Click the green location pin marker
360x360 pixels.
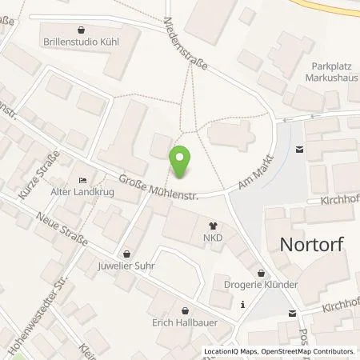click(181, 162)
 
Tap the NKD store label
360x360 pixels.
click(213, 238)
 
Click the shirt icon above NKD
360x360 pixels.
click(213, 226)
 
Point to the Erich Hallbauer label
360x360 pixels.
click(185, 323)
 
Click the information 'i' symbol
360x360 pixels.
click(242, 303)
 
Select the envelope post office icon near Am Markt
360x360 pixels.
click(300, 148)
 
